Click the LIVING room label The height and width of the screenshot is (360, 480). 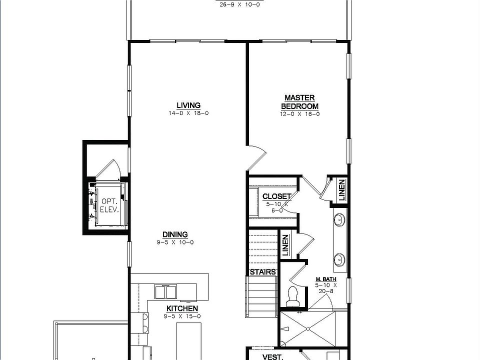188,105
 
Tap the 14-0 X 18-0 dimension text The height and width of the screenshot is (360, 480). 188,113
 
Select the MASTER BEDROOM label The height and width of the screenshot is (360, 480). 299,102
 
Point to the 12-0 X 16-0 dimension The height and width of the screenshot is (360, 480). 299,114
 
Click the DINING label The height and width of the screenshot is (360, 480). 175,234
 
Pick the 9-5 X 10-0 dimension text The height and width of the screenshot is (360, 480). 175,242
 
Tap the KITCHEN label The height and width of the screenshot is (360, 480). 182,308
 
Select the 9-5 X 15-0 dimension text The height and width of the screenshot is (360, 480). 182,316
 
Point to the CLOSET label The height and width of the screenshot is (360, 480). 276,196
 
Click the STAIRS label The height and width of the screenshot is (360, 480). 263,272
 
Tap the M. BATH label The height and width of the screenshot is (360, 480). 326,279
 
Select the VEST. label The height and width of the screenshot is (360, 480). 273,357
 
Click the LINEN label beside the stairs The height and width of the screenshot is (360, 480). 285,245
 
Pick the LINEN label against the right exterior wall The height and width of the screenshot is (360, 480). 342,190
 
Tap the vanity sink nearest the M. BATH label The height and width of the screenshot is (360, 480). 340,259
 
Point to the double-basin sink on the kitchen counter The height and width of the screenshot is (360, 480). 165,291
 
